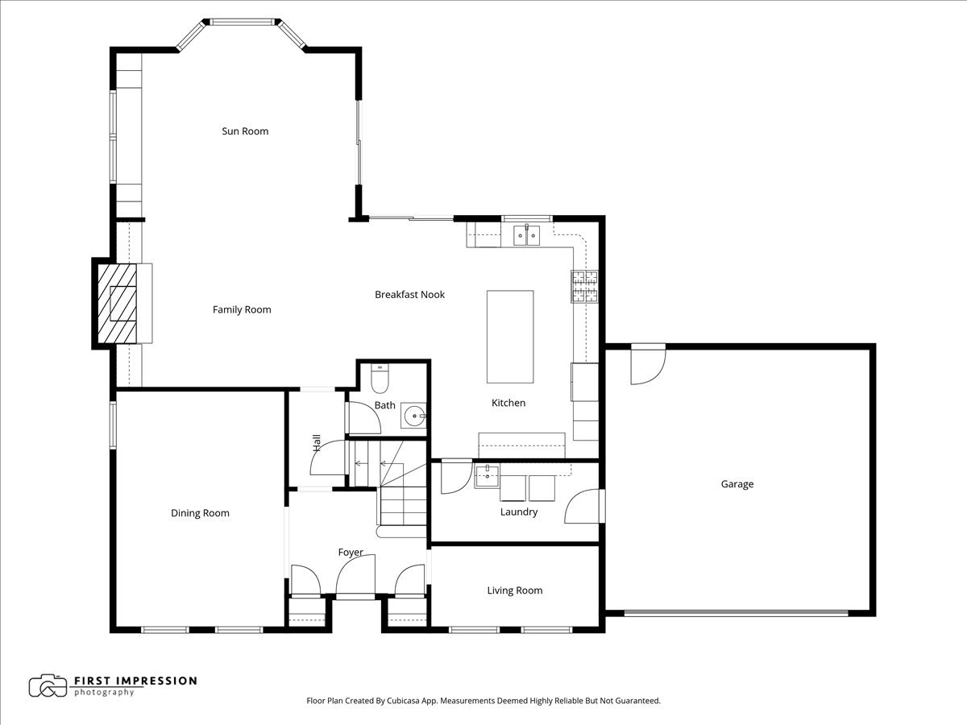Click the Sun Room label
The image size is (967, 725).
[245, 131]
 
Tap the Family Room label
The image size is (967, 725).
[242, 309]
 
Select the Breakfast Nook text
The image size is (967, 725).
[409, 295]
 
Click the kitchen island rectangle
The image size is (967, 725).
[509, 337]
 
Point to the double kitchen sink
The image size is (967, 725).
[527, 234]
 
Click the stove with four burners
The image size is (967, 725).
[585, 287]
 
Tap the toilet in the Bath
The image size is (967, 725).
[380, 376]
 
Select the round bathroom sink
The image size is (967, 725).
[414, 416]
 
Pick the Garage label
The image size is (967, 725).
[737, 484]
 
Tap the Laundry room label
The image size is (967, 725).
[518, 512]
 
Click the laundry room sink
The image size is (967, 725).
[487, 476]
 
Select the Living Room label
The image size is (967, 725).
[514, 590]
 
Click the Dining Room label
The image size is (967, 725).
[200, 513]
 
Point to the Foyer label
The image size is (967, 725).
[351, 553]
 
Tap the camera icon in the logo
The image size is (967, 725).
[48, 686]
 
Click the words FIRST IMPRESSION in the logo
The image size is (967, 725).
[135, 681]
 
